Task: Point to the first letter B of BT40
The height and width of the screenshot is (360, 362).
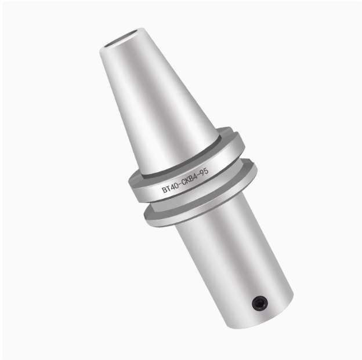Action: coord(164,190)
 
